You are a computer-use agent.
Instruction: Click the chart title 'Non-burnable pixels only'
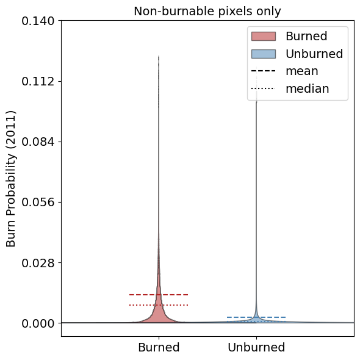click(x=207, y=11)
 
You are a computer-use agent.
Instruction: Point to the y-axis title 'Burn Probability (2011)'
click(x=11, y=179)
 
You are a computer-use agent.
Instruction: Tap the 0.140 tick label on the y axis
click(x=38, y=21)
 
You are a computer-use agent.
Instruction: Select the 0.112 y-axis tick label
click(x=38, y=82)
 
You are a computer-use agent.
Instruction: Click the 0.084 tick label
click(x=38, y=142)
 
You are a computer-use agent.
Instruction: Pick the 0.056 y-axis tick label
click(x=38, y=202)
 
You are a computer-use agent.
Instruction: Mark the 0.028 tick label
click(x=38, y=262)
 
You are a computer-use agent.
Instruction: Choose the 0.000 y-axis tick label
click(x=38, y=323)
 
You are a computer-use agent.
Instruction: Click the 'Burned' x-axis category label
click(x=159, y=347)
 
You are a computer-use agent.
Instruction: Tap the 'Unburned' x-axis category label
click(x=256, y=347)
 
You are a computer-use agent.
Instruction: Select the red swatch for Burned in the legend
click(x=264, y=36)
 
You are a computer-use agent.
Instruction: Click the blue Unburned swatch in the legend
click(x=264, y=54)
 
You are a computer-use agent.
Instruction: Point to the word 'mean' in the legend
click(x=302, y=71)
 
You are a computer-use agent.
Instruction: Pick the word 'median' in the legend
click(x=308, y=88)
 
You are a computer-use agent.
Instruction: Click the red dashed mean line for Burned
click(x=159, y=295)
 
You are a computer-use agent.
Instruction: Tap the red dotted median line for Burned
click(x=159, y=305)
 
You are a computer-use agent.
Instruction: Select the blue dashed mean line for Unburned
click(x=256, y=317)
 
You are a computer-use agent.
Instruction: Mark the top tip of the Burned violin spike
click(x=159, y=56)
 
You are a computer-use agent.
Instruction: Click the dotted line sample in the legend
click(x=264, y=88)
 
